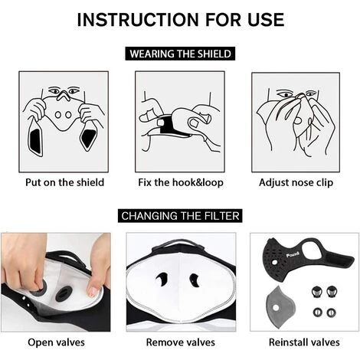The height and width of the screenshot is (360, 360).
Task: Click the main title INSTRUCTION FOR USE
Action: (x=181, y=20)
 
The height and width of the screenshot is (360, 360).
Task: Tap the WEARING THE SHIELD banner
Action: (x=180, y=54)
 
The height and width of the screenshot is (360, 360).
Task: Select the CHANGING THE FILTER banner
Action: (x=180, y=216)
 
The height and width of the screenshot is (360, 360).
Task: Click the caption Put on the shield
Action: (x=64, y=182)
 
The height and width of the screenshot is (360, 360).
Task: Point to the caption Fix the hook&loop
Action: (x=181, y=182)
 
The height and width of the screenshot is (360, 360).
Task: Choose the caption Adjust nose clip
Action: (x=296, y=182)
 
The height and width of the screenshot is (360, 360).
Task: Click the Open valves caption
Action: (x=56, y=342)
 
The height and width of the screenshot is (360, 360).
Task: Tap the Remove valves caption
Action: (x=181, y=342)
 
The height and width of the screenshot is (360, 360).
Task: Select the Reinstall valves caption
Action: (x=304, y=342)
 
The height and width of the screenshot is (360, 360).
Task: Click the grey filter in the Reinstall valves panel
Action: (x=280, y=306)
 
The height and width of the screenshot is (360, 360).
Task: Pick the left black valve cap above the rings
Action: (x=317, y=292)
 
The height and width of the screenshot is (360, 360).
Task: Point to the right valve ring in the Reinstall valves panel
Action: (x=331, y=312)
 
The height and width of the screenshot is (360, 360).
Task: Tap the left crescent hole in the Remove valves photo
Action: (x=162, y=279)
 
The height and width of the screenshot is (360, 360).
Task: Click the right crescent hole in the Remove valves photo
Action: (x=195, y=280)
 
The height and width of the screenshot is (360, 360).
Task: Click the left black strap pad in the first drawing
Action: (x=35, y=140)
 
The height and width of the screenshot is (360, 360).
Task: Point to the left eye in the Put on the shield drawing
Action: (x=54, y=90)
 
